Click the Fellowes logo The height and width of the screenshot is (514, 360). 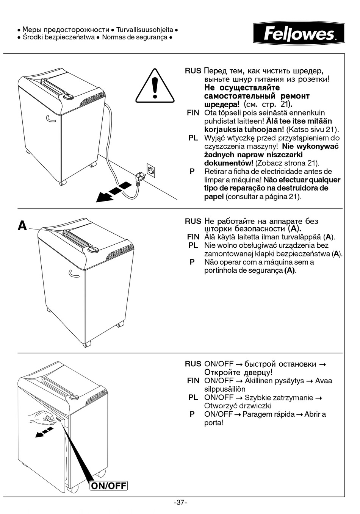click(299, 33)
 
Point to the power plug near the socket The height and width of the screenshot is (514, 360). click(139, 178)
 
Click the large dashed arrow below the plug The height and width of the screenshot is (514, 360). click(114, 192)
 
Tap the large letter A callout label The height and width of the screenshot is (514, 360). click(22, 226)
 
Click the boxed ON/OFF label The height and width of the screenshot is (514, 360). click(109, 486)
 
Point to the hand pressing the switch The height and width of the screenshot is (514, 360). click(42, 418)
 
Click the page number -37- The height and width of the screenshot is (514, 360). click(180, 503)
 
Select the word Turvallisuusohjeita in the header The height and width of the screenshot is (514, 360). click(145, 30)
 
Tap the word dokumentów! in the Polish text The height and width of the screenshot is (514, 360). click(229, 163)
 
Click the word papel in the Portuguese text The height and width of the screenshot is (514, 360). click(214, 197)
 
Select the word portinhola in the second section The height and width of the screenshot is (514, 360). click(221, 270)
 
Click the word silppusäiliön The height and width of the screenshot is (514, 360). click(225, 389)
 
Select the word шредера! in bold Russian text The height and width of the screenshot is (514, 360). click(222, 105)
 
